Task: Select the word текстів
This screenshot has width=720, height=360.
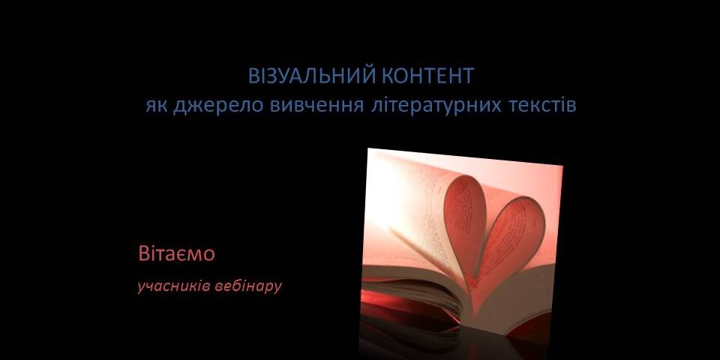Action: pos(543,105)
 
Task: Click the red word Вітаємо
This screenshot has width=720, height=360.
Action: pos(176,253)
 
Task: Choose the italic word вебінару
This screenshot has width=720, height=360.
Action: pos(248,286)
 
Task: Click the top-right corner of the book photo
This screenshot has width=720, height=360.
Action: pos(562,166)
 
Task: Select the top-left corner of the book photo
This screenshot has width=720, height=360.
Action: pos(368,148)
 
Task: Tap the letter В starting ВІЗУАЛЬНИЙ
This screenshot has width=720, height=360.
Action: pos(253,76)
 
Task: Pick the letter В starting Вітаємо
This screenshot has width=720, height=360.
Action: pos(143,253)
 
